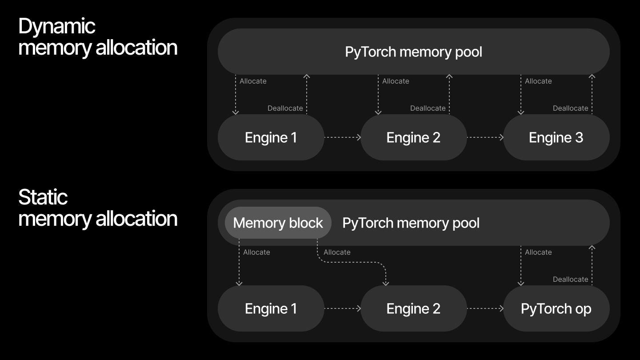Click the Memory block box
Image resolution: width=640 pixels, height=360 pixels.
278,223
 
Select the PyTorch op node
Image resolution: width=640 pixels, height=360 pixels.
556,308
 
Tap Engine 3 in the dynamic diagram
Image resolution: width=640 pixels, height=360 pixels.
556,137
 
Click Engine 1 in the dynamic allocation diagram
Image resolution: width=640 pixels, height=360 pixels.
271,137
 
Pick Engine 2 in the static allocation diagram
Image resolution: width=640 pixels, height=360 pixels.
413,308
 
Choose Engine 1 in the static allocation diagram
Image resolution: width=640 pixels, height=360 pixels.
271,308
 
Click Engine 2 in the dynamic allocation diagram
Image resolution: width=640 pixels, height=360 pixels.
413,137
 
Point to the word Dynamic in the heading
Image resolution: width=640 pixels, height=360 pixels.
56,26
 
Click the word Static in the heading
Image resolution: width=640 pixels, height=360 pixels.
43,197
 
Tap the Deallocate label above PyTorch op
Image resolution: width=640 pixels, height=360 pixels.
570,280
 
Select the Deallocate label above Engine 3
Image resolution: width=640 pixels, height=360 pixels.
570,108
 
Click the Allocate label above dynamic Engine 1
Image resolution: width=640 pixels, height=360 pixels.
253,81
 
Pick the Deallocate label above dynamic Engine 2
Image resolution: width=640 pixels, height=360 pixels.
428,108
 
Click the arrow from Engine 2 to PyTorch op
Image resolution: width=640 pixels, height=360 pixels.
485,308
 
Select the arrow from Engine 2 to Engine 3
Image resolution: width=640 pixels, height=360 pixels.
485,137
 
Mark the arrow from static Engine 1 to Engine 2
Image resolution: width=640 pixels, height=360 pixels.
342,308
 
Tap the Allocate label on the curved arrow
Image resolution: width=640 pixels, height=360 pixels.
337,252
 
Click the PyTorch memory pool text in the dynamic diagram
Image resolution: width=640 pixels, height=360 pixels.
413,52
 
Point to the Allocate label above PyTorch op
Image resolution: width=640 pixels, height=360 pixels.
538,252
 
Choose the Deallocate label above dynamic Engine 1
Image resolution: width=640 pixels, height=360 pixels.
285,108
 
